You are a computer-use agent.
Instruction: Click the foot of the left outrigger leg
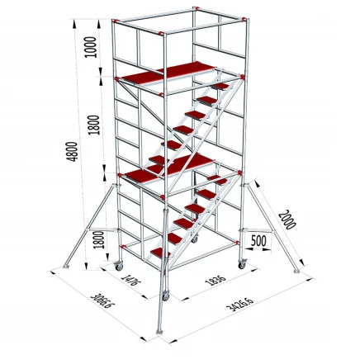point(65,266)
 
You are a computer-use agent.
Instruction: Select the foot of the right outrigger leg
point(295,268)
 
